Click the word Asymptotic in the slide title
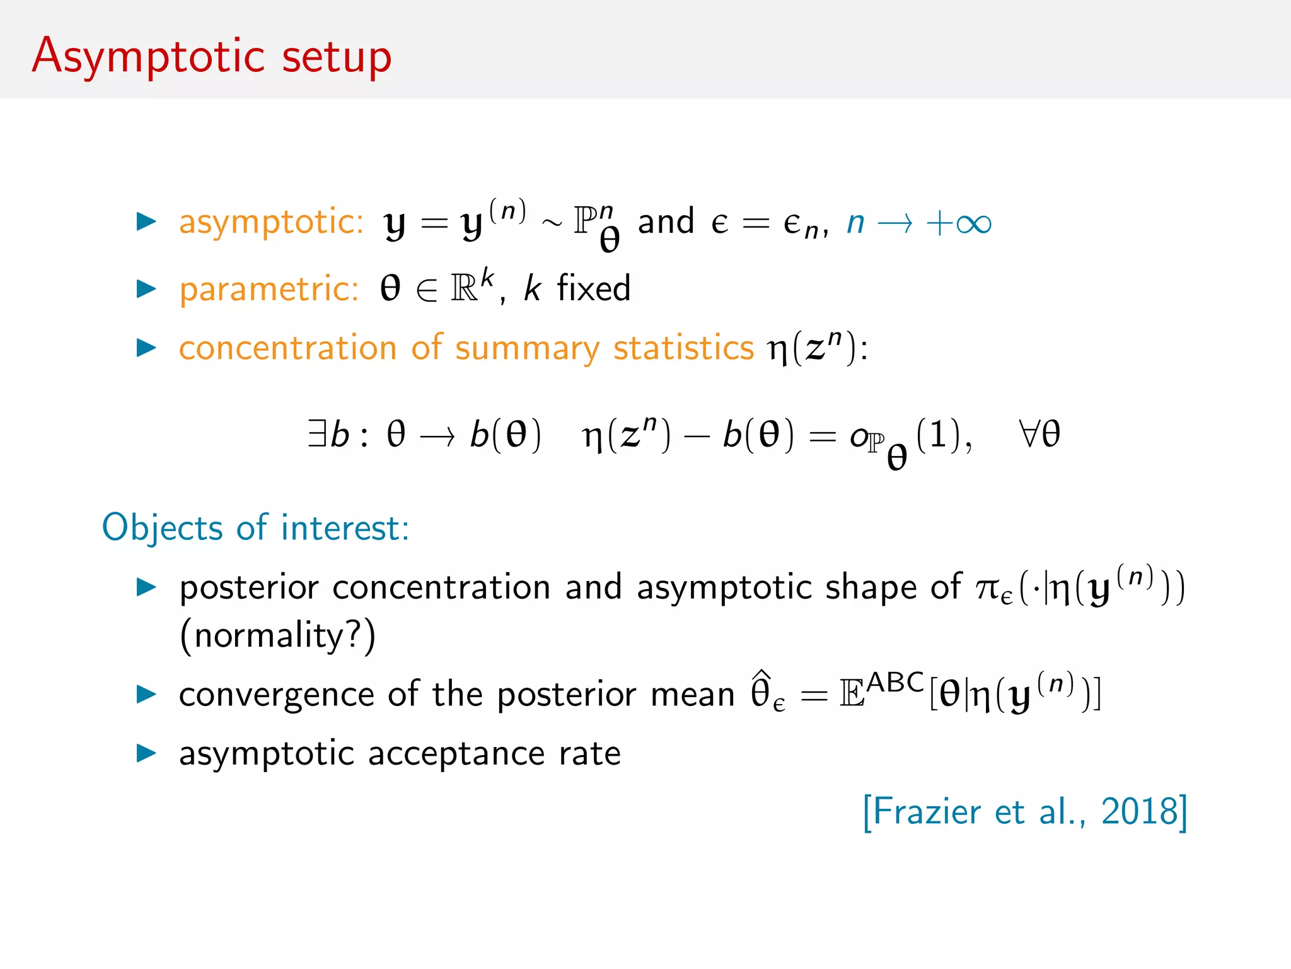point(149,57)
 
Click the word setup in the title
point(337,58)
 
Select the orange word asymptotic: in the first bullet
point(271,222)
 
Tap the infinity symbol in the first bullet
point(973,223)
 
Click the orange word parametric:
point(269,290)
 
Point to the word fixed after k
point(593,289)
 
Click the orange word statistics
point(683,348)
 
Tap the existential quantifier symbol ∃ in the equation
point(316,434)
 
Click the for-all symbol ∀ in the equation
point(1028,434)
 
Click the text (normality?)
point(277,635)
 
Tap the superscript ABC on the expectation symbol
point(895,682)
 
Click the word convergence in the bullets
point(277,695)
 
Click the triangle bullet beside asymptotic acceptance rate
point(146,753)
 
